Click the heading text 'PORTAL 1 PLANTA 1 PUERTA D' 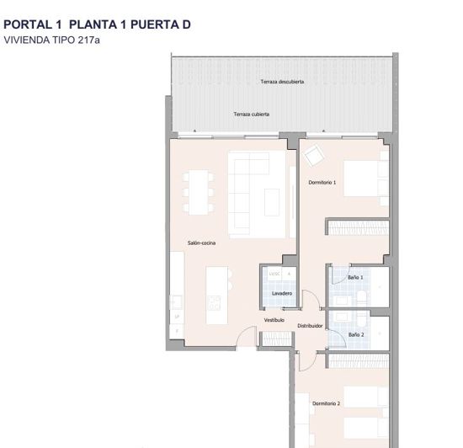pos(97,24)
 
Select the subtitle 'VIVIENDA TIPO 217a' pos(51,40)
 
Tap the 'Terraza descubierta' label pos(282,82)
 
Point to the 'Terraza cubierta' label pos(252,114)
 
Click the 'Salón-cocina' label pos(201,243)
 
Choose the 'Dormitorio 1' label pos(322,183)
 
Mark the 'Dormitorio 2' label pos(327,403)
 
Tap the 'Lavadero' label pos(281,293)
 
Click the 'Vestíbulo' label pos(274,320)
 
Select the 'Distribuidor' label pos(310,325)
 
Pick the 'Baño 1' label pos(355,277)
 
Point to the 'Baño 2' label pos(356,334)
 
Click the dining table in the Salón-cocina pos(198,193)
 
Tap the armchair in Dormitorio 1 pos(314,156)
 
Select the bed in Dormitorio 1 pos(362,179)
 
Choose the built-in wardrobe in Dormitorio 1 pos(358,227)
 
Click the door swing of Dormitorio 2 pos(309,358)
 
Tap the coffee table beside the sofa pos(273,202)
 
